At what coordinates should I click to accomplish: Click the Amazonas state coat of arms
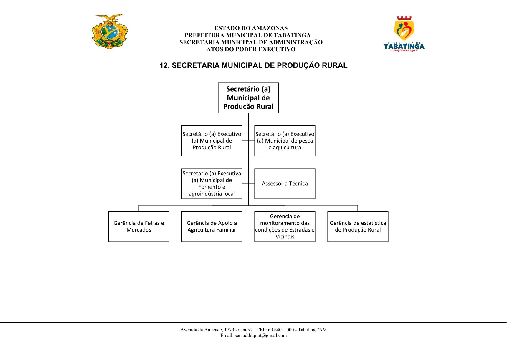coord(110,31)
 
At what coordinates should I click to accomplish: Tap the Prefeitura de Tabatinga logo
coord(404,34)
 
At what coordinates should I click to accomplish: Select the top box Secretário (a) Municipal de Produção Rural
coord(248,98)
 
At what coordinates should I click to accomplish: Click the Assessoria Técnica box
coord(285,184)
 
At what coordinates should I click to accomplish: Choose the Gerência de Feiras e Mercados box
coord(139,227)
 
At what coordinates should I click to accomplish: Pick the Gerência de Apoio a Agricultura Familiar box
coord(212,227)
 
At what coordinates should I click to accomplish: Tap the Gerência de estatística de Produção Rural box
coord(358,227)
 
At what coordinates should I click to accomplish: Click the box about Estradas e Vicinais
coord(285,227)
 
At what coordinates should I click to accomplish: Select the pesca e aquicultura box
coord(285,141)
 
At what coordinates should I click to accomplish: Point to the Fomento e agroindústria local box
coord(212,184)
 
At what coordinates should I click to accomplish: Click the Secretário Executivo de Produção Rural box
coord(212,141)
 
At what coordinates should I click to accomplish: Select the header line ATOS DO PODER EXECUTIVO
coord(251,49)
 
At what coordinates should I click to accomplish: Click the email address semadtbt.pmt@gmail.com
coord(261,336)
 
